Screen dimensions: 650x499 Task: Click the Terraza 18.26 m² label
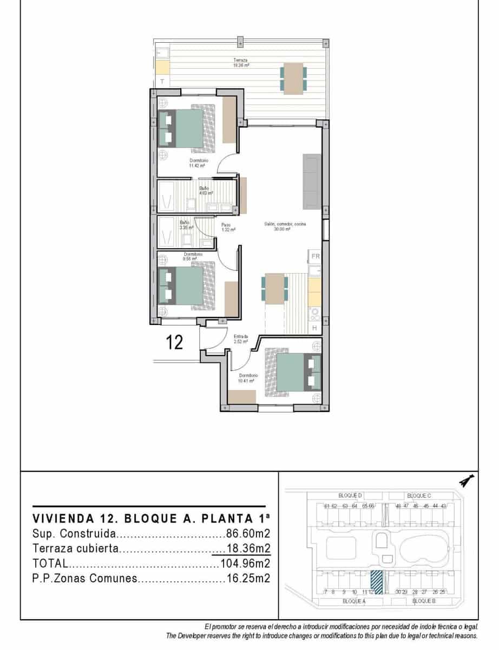241,62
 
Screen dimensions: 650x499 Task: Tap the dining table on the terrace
293,79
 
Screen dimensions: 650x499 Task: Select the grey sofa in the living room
312,181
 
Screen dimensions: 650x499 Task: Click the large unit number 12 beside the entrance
174,342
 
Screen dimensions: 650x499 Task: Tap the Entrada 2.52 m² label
240,339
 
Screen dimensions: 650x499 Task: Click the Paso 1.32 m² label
227,227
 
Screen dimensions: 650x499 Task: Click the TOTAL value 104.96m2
245,563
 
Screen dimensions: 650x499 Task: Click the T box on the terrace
162,81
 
